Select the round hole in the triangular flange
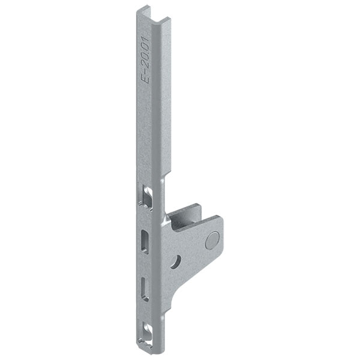[x=176, y=260]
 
